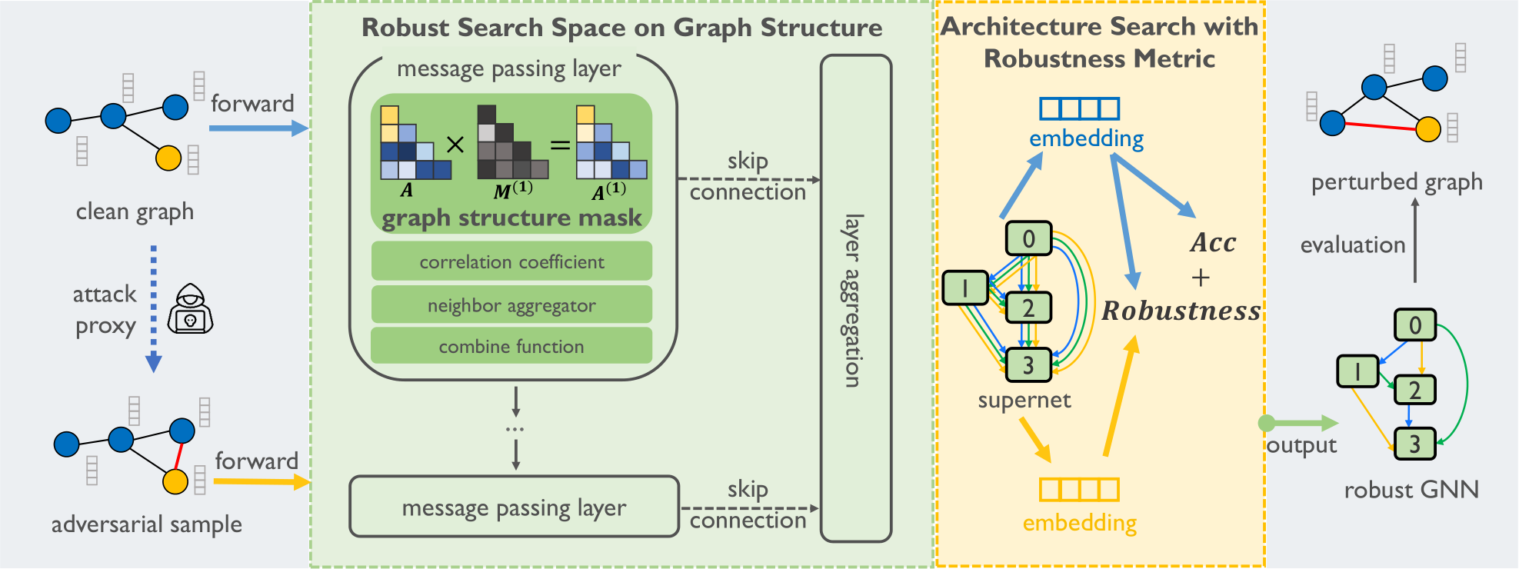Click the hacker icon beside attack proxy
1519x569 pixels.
point(190,308)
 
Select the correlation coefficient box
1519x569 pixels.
point(511,261)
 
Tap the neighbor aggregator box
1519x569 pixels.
point(511,304)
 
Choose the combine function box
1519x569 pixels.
point(511,346)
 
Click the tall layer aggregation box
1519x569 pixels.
point(856,298)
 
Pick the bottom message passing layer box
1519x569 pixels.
point(514,507)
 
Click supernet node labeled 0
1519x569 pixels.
point(1028,238)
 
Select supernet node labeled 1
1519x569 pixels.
point(965,288)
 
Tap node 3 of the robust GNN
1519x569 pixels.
point(1414,444)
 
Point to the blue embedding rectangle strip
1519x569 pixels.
point(1079,108)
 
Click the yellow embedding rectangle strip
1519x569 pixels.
point(1079,489)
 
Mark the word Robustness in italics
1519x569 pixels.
point(1181,311)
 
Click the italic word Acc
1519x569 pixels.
point(1213,243)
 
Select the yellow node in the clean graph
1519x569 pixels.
point(168,158)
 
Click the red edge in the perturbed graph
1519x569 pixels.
point(1381,126)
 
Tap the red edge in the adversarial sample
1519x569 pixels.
point(178,456)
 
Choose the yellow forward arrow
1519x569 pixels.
point(262,482)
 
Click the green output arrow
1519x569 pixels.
point(1299,423)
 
